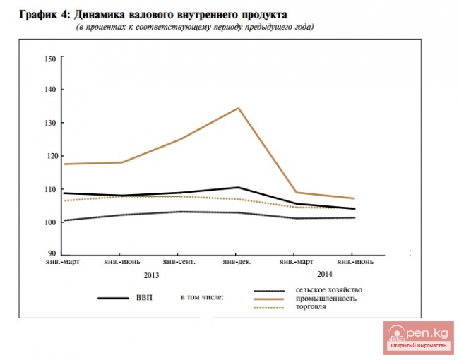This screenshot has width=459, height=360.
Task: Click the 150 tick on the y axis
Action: coord(49,59)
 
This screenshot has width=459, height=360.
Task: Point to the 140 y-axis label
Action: coord(49,90)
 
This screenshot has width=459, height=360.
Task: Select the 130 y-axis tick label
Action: coord(49,123)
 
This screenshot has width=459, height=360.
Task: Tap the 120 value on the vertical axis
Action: coord(49,156)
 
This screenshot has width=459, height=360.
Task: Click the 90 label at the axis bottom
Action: coord(51,254)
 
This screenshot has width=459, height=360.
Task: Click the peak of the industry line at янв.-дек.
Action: coord(239,108)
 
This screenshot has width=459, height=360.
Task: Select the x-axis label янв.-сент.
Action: coord(179,263)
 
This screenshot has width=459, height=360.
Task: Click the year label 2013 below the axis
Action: coord(151,275)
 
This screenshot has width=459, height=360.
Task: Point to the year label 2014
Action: coord(326,274)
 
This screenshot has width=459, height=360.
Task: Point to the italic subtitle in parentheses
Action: coord(194,27)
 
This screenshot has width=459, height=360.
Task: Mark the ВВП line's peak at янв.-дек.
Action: coord(239,188)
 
